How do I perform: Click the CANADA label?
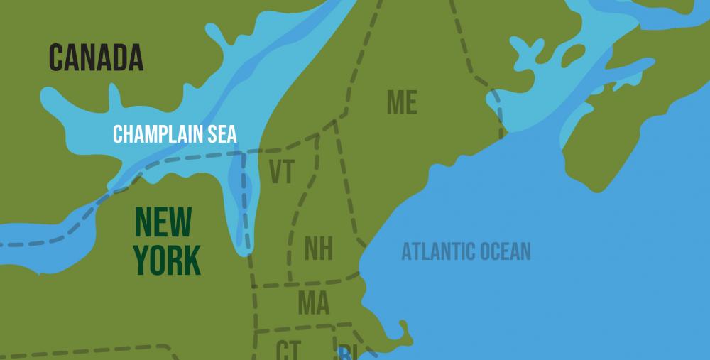(96, 58)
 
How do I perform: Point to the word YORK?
(167, 260)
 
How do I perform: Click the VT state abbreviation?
(281, 173)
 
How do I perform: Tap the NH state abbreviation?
(318, 249)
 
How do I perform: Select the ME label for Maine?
(402, 103)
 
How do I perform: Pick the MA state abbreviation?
(313, 303)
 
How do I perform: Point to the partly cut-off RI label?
(346, 352)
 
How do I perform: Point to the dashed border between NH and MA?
(323, 279)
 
